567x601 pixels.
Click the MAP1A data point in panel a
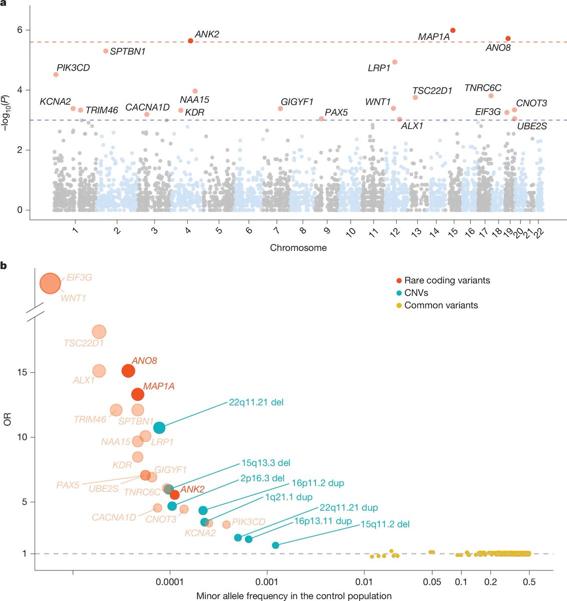pyautogui.click(x=453, y=31)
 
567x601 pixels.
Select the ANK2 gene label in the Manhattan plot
pyautogui.click(x=207, y=35)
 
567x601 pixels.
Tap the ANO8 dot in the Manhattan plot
pyautogui.click(x=508, y=39)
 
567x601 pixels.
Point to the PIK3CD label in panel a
pyautogui.click(x=73, y=68)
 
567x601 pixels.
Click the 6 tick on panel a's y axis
pyautogui.click(x=20, y=30)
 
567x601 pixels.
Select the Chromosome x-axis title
pyautogui.click(x=298, y=247)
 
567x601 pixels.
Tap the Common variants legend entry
pyautogui.click(x=436, y=305)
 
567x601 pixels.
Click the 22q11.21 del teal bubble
pyautogui.click(x=159, y=427)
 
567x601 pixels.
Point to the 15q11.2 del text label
pyautogui.click(x=385, y=524)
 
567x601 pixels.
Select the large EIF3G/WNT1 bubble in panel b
pyautogui.click(x=50, y=283)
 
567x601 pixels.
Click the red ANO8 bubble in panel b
pyautogui.click(x=128, y=371)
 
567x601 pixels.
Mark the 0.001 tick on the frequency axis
pyautogui.click(x=267, y=582)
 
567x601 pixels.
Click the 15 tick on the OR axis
pyautogui.click(x=24, y=373)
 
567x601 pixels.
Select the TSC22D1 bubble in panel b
pyautogui.click(x=99, y=332)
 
